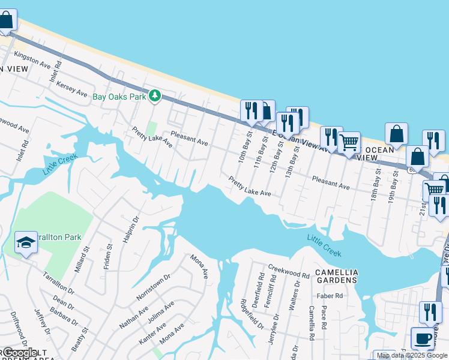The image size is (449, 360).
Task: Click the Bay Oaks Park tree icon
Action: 155,95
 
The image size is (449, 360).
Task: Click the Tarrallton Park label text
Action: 59,238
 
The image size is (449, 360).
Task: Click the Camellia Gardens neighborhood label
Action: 337,277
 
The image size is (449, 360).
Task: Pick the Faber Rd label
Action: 330,296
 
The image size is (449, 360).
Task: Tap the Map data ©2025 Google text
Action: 412,355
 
